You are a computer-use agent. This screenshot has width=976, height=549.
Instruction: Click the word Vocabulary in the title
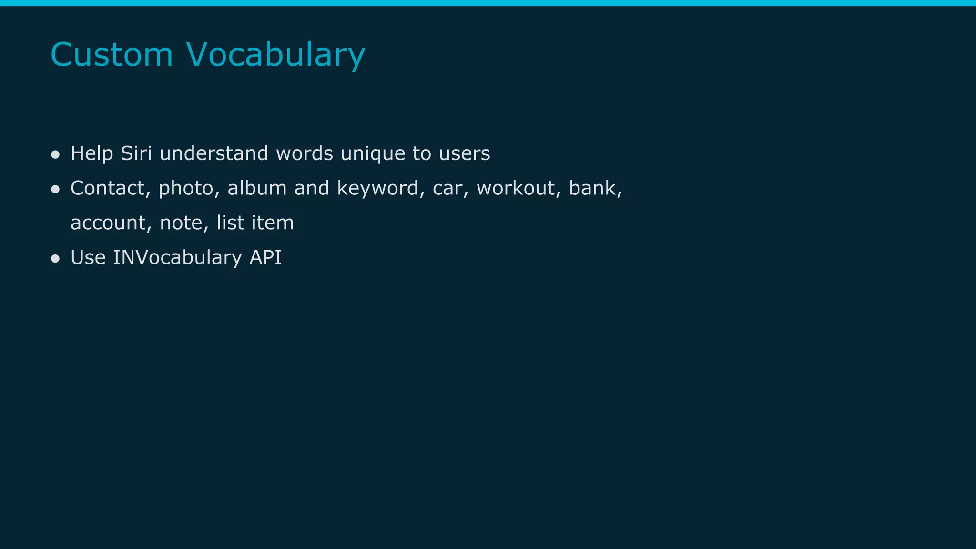click(x=275, y=55)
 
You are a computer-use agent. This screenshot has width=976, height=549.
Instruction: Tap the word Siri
click(x=136, y=153)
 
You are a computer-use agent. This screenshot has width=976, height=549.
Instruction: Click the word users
click(x=464, y=153)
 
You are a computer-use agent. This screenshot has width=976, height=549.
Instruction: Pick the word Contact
click(x=108, y=188)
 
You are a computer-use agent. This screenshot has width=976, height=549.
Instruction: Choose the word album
click(x=257, y=188)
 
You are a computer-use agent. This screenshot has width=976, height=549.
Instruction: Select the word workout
click(x=516, y=188)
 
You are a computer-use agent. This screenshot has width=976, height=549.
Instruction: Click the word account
click(x=108, y=223)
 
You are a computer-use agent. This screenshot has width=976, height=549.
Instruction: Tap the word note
click(x=182, y=223)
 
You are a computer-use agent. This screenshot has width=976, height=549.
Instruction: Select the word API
click(x=265, y=257)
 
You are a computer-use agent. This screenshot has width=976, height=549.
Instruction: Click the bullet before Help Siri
click(x=55, y=154)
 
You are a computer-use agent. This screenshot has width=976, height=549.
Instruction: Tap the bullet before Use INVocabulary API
click(x=55, y=258)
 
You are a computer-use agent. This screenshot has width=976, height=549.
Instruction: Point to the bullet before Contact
click(x=55, y=189)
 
